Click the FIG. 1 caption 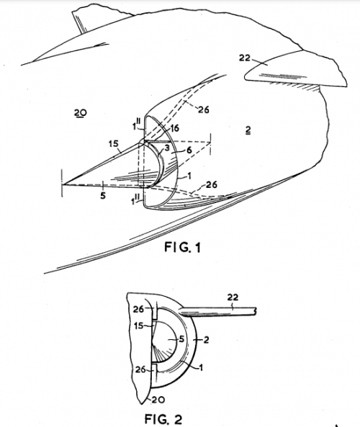[x=182, y=247]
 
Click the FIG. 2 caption [x=163, y=418]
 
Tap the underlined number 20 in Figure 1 [x=81, y=112]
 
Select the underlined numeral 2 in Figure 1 [x=248, y=130]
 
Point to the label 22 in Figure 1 [x=245, y=58]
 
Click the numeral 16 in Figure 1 [x=174, y=128]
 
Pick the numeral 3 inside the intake [x=167, y=148]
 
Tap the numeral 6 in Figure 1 [x=189, y=150]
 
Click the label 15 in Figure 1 [x=113, y=143]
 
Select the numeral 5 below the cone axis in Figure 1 [x=103, y=195]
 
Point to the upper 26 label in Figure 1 [x=204, y=109]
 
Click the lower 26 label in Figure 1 [x=212, y=184]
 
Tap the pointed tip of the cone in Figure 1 [x=63, y=184]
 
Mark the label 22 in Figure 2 [x=233, y=297]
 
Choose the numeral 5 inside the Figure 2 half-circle [x=181, y=339]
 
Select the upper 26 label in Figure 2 [x=138, y=309]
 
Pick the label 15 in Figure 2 [x=139, y=325]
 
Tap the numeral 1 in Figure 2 [x=201, y=368]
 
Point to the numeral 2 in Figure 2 [x=206, y=339]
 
